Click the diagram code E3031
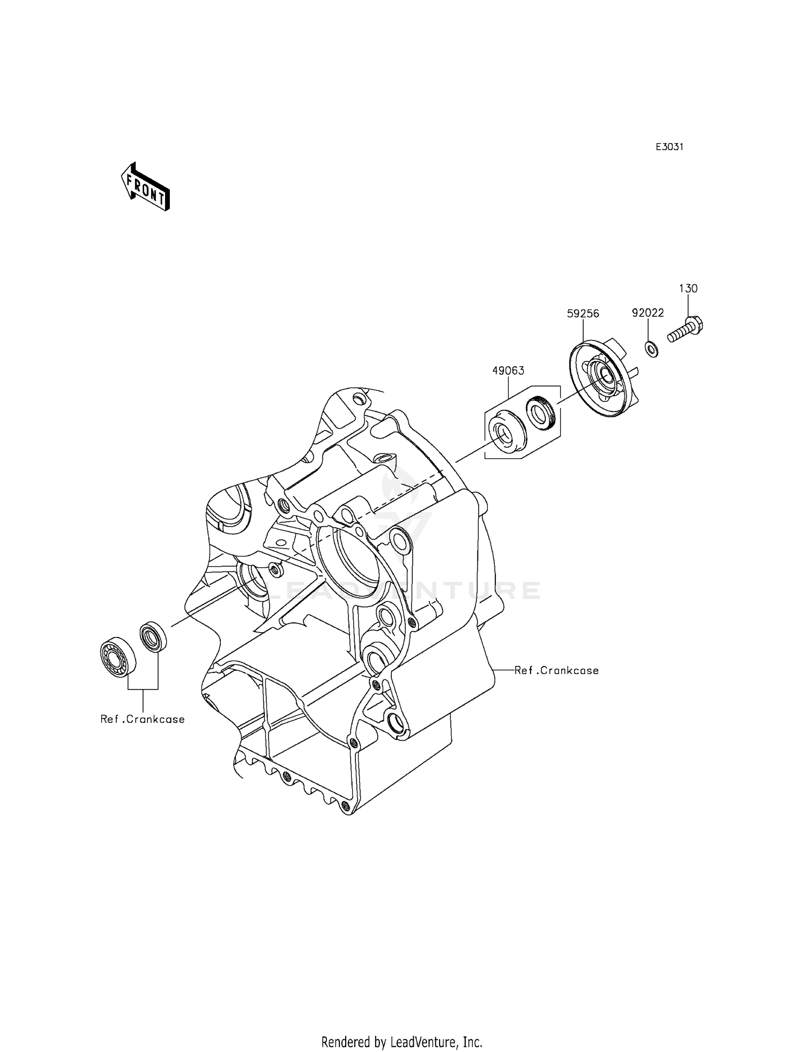(669, 147)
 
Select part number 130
(688, 288)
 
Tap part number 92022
(647, 313)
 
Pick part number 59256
(583, 314)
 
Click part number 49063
(508, 371)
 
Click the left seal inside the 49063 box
(505, 432)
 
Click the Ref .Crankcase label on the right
(556, 670)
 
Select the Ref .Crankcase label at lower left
(143, 719)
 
